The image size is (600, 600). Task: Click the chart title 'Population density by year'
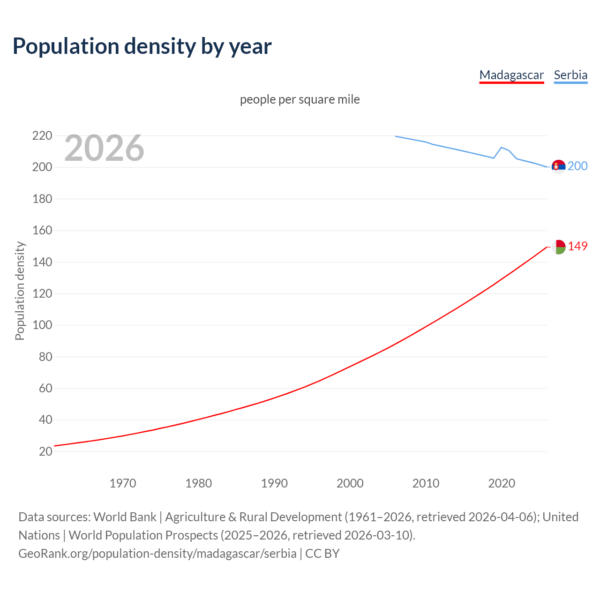(x=142, y=46)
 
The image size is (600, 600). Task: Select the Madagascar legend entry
(x=511, y=75)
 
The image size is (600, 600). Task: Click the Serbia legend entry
(x=570, y=75)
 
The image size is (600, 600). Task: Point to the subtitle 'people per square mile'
(x=300, y=99)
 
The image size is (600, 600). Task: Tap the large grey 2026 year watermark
(x=104, y=148)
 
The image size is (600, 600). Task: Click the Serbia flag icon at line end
(x=558, y=166)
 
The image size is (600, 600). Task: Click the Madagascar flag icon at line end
(x=558, y=247)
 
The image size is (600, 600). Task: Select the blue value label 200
(x=577, y=166)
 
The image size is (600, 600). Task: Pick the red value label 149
(x=577, y=247)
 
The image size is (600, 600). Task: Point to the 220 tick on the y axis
(x=42, y=136)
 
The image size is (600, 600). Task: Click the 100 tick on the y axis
(x=42, y=325)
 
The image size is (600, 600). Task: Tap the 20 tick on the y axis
(x=45, y=451)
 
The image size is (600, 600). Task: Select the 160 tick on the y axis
(x=42, y=231)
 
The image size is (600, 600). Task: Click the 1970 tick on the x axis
(x=123, y=483)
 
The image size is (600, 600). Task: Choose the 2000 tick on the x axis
(x=350, y=483)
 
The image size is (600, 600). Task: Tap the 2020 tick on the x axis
(x=502, y=483)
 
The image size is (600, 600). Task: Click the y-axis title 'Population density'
(x=20, y=291)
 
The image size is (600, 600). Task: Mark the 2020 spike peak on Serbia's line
(x=502, y=147)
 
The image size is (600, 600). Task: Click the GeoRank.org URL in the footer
(x=157, y=554)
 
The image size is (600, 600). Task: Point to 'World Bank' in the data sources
(x=125, y=517)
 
